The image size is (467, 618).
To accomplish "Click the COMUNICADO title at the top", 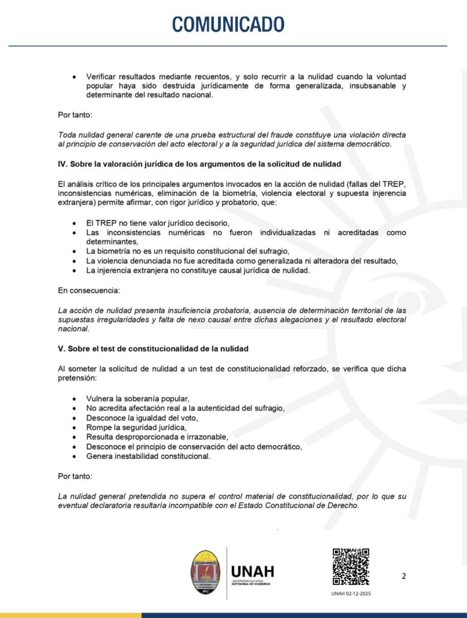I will (x=228, y=25).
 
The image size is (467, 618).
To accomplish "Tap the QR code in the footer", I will (x=351, y=566).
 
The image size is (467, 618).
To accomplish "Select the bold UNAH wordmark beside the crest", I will (x=253, y=571).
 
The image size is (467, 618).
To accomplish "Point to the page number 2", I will (x=404, y=576).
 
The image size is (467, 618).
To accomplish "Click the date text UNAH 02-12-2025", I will (x=351, y=594).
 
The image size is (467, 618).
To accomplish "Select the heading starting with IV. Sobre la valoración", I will (x=199, y=164).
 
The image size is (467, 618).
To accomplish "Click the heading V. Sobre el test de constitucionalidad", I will (x=153, y=349).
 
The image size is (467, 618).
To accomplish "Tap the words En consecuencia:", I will (x=89, y=291).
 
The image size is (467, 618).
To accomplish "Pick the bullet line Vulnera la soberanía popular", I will (x=137, y=399).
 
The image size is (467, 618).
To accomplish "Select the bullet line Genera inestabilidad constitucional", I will (x=148, y=456).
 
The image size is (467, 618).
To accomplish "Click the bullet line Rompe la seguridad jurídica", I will (x=136, y=427).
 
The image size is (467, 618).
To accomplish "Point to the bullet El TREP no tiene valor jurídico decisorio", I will (x=158, y=223).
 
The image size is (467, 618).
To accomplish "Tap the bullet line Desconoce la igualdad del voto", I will (x=142, y=418).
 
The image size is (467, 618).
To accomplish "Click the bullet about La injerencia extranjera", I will (x=198, y=271).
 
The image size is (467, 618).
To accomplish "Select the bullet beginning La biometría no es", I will (x=187, y=251).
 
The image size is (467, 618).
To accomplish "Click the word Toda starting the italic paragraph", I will (x=66, y=135).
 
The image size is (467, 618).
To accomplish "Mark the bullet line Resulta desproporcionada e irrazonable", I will (x=157, y=437).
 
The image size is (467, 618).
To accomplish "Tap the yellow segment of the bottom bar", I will (x=71, y=615).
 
